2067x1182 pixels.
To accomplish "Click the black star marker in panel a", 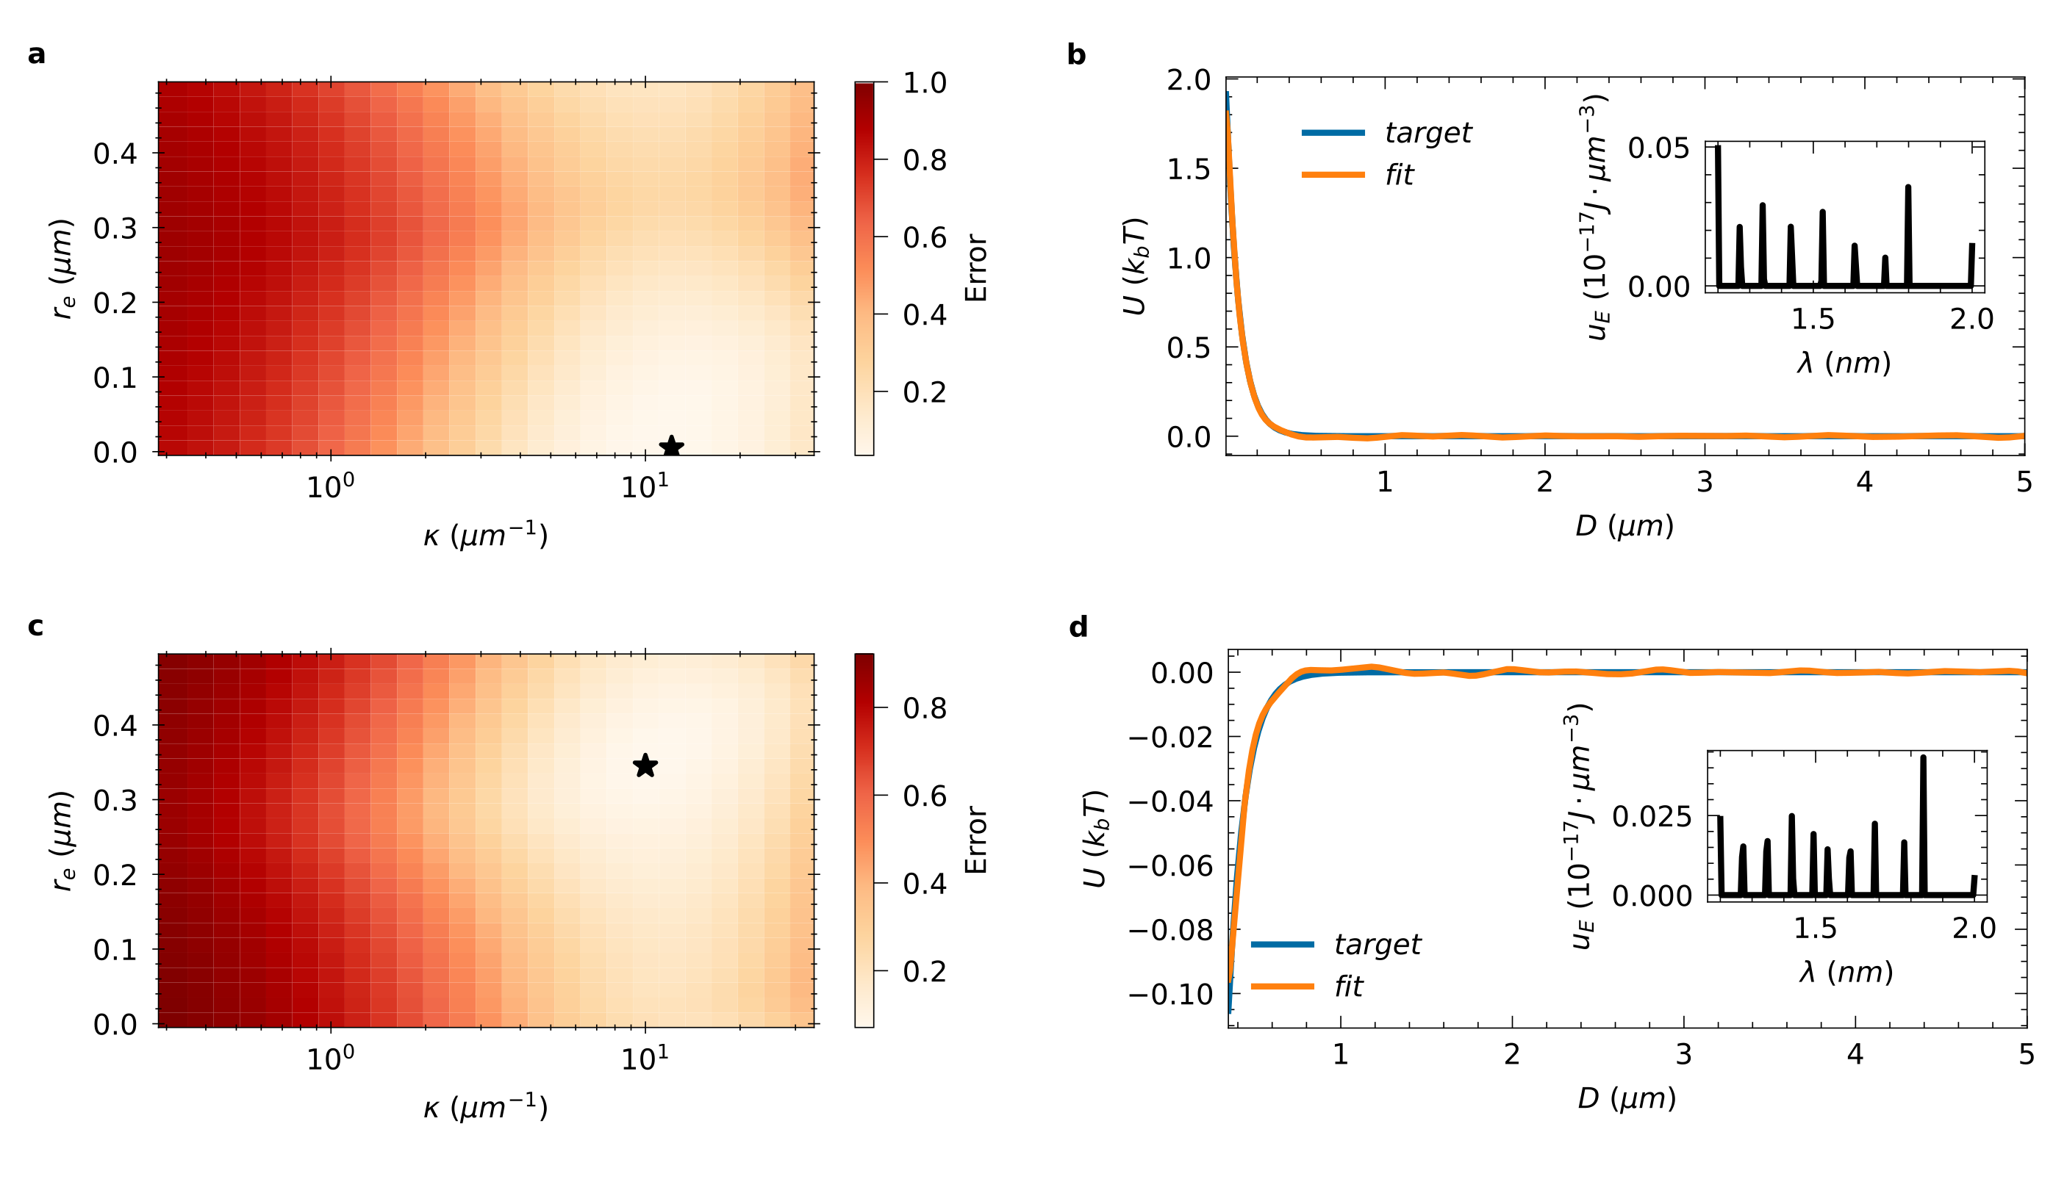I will coord(671,447).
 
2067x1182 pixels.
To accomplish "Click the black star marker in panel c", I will coord(645,765).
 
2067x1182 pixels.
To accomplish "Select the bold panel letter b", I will coord(1076,54).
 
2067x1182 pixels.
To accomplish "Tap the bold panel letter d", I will coord(1078,627).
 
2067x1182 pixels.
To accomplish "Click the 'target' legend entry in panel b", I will coord(1427,132).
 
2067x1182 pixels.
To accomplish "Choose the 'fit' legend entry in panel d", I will coord(1348,987).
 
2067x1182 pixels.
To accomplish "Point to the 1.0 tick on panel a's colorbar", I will coord(924,82).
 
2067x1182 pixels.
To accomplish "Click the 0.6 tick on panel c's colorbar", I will coord(924,796).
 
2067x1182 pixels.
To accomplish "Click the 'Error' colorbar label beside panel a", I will coord(975,268).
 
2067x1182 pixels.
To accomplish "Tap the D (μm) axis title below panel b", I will coord(1624,526).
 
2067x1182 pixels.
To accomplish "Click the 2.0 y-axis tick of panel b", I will coord(1188,79).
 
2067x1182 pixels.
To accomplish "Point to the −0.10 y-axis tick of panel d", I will coord(1170,994).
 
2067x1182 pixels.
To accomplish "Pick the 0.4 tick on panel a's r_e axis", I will coord(115,153).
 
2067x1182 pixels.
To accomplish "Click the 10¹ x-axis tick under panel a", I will coord(645,486).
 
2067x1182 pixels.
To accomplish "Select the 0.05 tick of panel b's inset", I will coord(1658,148).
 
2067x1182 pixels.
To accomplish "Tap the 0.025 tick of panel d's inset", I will coord(1652,816).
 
